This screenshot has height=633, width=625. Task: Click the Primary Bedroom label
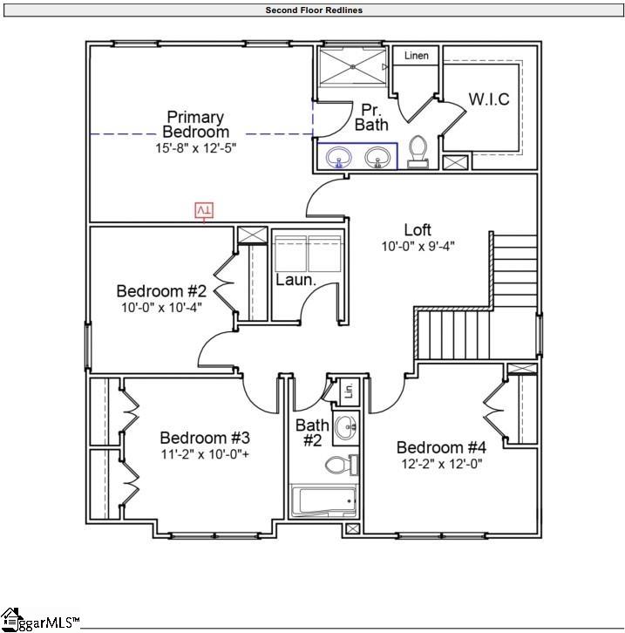[x=195, y=124]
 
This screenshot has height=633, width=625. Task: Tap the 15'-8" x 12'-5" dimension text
[x=195, y=148]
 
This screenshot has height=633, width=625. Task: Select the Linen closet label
[x=417, y=56]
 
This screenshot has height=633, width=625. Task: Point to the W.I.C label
[x=489, y=99]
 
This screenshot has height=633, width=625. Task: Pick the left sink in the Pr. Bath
[x=337, y=157]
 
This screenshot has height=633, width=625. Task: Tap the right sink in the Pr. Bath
[x=377, y=157]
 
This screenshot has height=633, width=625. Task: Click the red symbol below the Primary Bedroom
[x=204, y=211]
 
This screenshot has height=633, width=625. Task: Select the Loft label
[x=418, y=230]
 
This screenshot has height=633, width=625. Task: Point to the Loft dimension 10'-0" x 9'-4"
[x=418, y=246]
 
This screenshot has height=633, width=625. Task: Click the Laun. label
[x=296, y=281]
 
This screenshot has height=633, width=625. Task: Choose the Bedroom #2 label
[x=161, y=291]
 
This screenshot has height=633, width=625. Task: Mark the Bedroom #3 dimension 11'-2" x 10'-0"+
[x=205, y=454]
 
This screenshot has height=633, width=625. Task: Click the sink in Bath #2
[x=346, y=427]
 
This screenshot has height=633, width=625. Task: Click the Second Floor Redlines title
[x=314, y=10]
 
